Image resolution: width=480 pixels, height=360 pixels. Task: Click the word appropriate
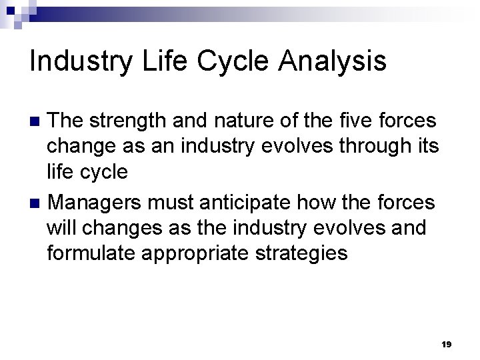point(199,253)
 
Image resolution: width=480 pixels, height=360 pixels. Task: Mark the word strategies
point(307,253)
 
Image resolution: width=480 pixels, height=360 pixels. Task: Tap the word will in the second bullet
point(60,227)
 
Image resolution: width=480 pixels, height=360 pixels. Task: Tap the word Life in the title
point(159,61)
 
